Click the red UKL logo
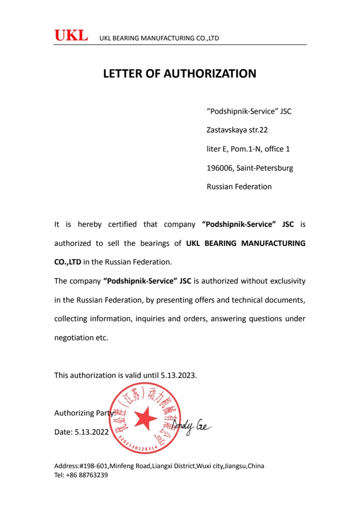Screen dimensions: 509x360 click(x=71, y=36)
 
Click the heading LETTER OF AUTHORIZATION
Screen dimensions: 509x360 click(x=180, y=74)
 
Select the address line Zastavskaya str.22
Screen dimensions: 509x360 click(x=237, y=130)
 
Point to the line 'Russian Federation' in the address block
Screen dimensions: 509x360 click(x=239, y=187)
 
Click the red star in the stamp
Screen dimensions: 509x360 click(x=145, y=418)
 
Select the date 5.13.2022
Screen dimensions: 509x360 click(x=91, y=432)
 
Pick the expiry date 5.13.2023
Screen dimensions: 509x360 click(x=179, y=375)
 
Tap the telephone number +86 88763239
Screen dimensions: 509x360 click(x=87, y=475)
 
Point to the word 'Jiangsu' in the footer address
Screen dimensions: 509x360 click(x=235, y=466)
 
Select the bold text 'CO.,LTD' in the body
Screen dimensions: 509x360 click(x=67, y=262)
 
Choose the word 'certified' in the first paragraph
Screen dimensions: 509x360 click(x=122, y=225)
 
